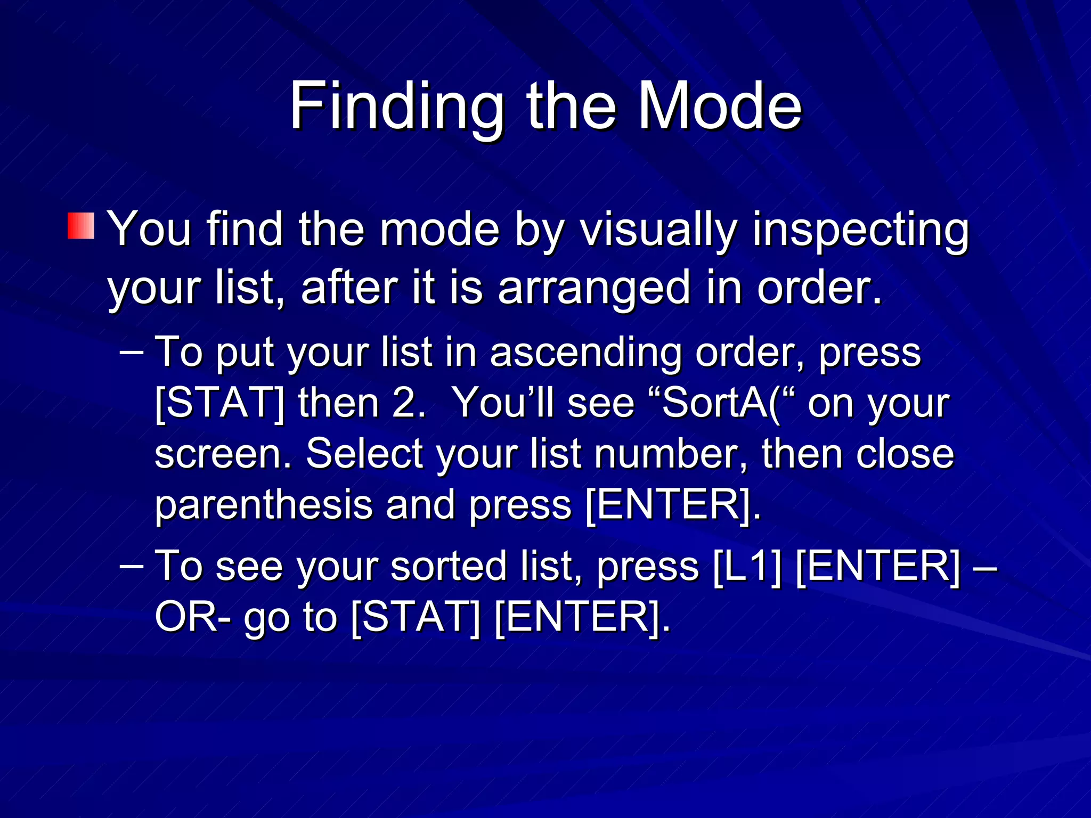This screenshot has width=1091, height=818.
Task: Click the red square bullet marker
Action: tap(81, 226)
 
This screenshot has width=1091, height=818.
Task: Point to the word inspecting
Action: tap(860, 230)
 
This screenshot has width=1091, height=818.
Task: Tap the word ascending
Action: tap(585, 353)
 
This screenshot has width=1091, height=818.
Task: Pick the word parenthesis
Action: tap(263, 505)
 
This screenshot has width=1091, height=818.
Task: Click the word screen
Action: tap(221, 454)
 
